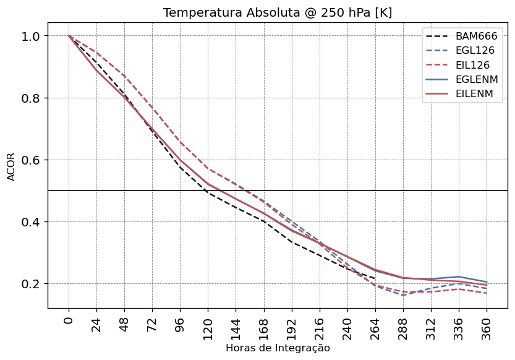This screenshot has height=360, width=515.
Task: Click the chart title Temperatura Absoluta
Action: click(x=278, y=13)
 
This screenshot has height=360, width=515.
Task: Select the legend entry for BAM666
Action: click(x=476, y=36)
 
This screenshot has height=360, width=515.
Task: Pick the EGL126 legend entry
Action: click(x=476, y=51)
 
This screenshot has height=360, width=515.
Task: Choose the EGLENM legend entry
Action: click(x=476, y=80)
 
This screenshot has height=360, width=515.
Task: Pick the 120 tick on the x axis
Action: click(x=208, y=325)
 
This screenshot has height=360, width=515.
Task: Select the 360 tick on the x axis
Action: click(x=487, y=325)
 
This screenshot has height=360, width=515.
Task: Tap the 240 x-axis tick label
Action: click(x=347, y=325)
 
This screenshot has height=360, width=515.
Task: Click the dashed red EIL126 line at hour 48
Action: click(x=124, y=76)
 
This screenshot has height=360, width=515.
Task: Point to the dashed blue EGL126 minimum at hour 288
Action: click(x=403, y=295)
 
